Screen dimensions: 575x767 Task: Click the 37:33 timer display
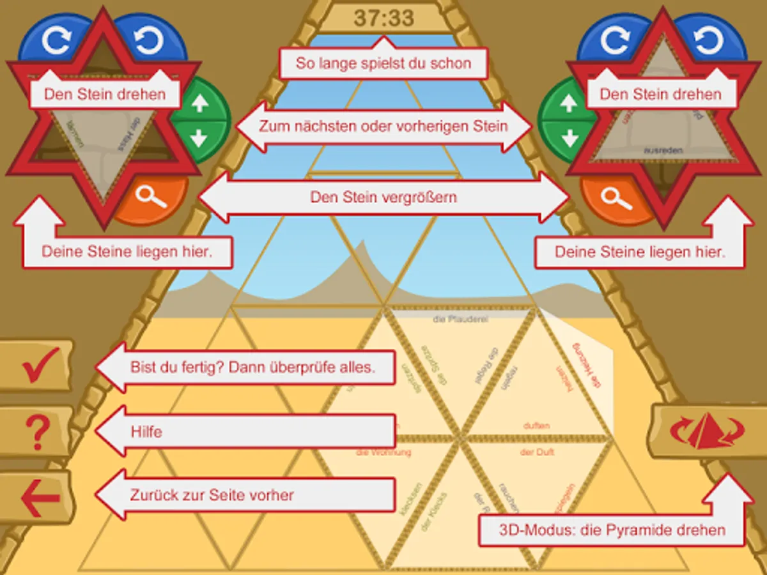383,17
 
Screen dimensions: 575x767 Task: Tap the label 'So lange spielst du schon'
383,63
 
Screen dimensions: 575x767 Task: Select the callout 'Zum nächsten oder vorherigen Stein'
383,126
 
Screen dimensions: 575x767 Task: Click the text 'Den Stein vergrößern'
383,197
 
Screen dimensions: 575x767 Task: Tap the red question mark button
36,432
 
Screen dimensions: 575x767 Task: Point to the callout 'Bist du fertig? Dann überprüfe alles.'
252,367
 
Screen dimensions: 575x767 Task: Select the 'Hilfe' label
146,432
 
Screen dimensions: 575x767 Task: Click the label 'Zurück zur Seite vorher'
212,495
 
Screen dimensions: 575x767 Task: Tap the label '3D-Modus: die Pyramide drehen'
612,530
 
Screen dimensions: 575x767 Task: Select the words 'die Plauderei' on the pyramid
460,319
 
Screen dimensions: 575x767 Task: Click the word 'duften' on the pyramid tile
536,425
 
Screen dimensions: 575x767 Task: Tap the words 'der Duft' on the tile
537,452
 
